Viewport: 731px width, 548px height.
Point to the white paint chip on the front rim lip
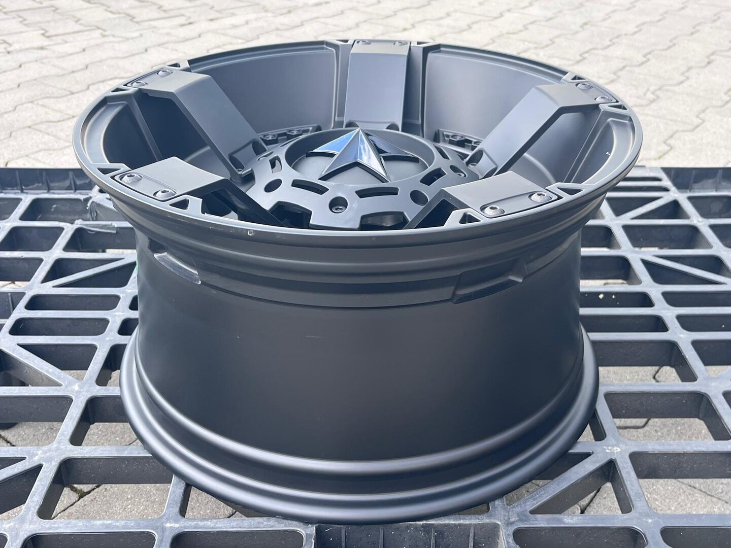point(249,234)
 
